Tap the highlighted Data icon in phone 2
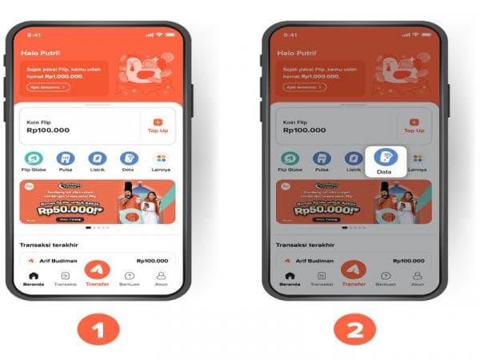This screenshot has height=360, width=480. coord(384,158)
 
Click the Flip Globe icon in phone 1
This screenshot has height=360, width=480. coord(33,158)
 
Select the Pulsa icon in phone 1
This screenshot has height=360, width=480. coord(65,158)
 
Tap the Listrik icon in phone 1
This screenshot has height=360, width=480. coord(97,158)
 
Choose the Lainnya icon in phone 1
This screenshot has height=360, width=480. coord(162,158)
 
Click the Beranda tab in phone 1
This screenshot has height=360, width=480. coord(33,278)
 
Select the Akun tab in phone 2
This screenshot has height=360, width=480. coord(417,278)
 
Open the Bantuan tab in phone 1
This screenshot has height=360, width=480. coord(129,278)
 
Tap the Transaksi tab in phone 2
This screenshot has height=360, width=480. coord(321,278)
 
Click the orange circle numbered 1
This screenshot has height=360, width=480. coord(98,328)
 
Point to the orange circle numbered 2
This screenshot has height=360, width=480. coord(353,328)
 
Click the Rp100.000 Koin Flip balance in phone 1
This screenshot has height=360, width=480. coord(47,129)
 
